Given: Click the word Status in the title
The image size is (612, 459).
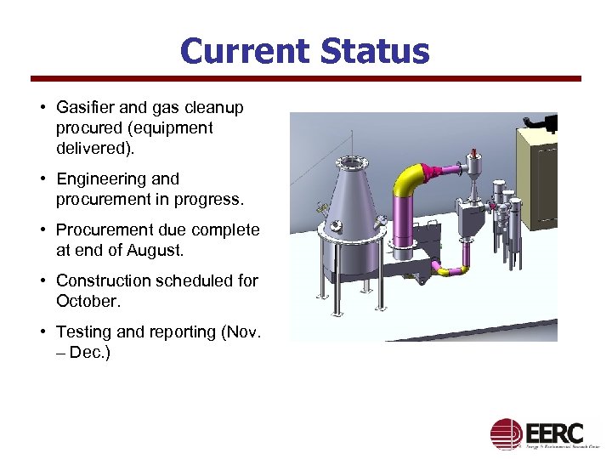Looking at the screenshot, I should tap(375, 51).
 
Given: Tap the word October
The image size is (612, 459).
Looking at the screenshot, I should tap(86, 301).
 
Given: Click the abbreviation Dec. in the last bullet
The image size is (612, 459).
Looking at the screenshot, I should tap(86, 352).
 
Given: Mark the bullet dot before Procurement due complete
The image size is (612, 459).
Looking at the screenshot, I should tap(42, 230).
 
